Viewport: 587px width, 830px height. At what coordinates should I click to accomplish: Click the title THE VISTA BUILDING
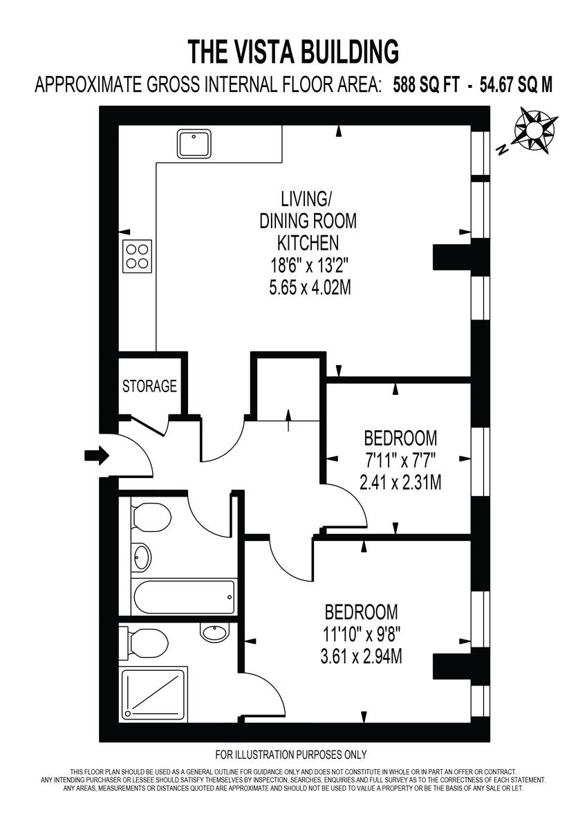pyautogui.click(x=294, y=52)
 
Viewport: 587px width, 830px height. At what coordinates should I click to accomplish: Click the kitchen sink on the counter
pyautogui.click(x=195, y=144)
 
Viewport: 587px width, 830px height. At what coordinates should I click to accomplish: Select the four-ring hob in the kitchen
pyautogui.click(x=138, y=255)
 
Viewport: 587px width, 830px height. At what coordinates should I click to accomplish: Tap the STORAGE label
pyautogui.click(x=149, y=386)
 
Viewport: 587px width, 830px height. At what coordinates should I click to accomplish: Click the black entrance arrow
pyautogui.click(x=96, y=455)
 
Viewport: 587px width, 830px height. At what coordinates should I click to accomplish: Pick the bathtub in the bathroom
pyautogui.click(x=184, y=596)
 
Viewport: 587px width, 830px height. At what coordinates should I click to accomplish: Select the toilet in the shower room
pyautogui.click(x=145, y=643)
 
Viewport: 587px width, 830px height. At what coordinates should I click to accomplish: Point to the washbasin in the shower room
pyautogui.click(x=213, y=631)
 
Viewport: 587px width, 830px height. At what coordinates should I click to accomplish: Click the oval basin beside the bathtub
pyautogui.click(x=142, y=557)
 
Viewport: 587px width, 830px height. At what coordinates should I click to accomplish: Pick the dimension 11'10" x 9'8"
pyautogui.click(x=362, y=634)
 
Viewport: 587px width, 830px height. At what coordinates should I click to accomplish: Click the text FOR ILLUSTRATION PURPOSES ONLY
pyautogui.click(x=291, y=755)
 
